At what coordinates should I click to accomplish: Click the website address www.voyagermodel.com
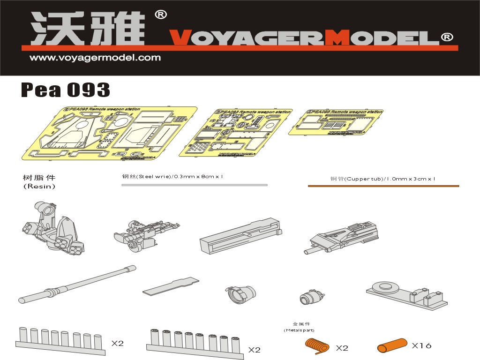tap(95, 58)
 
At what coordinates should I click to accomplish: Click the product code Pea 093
tap(66, 90)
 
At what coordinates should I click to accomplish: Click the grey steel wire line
tap(194, 185)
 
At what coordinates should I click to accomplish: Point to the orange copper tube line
tap(383, 186)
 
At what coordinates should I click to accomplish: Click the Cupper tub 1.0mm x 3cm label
tap(383, 179)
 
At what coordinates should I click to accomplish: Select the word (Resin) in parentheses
tap(39, 187)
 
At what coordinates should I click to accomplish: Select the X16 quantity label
tap(421, 346)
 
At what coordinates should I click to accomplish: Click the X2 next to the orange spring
tap(342, 348)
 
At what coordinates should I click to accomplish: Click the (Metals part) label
tap(299, 330)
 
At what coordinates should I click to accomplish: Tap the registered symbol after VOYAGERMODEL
tap(447, 37)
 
